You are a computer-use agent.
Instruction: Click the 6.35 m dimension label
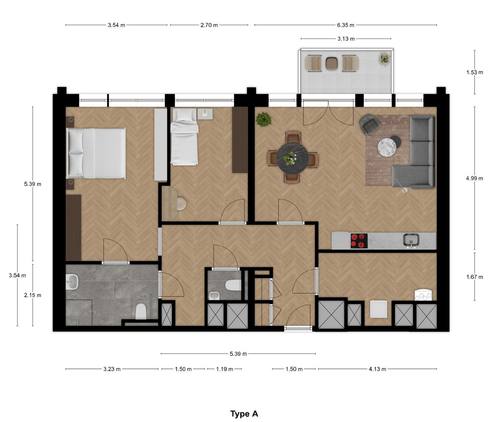[x=345, y=25]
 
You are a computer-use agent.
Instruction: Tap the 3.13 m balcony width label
[x=346, y=39]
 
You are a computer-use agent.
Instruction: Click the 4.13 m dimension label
[x=377, y=369]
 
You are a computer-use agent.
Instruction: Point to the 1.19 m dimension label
[x=225, y=369]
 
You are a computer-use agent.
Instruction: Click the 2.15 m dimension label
[x=33, y=295]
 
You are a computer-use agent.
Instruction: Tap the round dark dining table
[x=292, y=158]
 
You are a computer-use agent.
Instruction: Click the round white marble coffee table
[x=387, y=147]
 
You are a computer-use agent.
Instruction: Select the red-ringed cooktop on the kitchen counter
[x=359, y=241]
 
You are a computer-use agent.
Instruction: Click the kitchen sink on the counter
[x=411, y=240]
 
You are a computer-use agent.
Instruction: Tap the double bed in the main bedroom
[x=96, y=153]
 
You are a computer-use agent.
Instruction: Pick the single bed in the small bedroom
[x=184, y=137]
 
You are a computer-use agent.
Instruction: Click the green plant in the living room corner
[x=263, y=119]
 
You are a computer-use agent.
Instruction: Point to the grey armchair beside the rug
[x=370, y=124]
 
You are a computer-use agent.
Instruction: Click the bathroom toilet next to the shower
[x=141, y=311]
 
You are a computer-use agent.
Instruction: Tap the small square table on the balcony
[x=332, y=63]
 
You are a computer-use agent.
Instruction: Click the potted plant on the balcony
[x=384, y=59]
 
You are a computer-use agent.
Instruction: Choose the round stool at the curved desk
[x=182, y=204]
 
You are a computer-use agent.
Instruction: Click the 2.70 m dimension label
[x=209, y=25]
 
